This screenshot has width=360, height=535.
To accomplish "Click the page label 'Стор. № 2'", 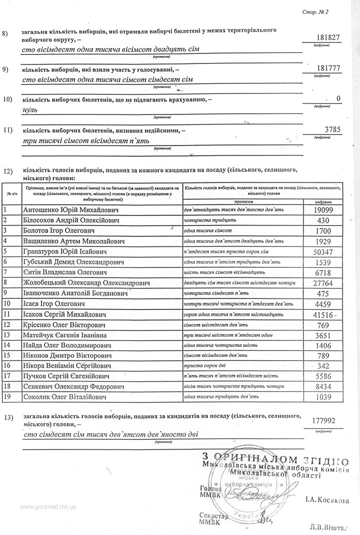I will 315,11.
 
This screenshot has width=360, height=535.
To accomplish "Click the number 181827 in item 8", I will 328,38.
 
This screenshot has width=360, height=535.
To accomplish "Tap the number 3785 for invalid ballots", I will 332,129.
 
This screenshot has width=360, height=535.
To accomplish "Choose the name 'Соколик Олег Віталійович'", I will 65,397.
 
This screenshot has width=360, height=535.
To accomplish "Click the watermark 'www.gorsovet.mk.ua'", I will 48,506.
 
